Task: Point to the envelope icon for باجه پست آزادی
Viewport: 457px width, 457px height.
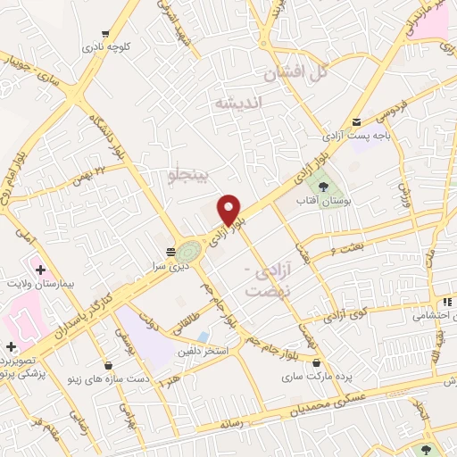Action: click(x=356, y=121)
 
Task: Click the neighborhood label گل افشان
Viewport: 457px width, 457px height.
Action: click(x=290, y=72)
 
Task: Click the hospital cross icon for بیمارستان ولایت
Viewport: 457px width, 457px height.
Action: click(x=39, y=266)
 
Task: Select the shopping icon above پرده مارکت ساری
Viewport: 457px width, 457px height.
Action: click(x=319, y=361)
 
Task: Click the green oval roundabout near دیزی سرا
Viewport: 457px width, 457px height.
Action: click(x=189, y=251)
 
